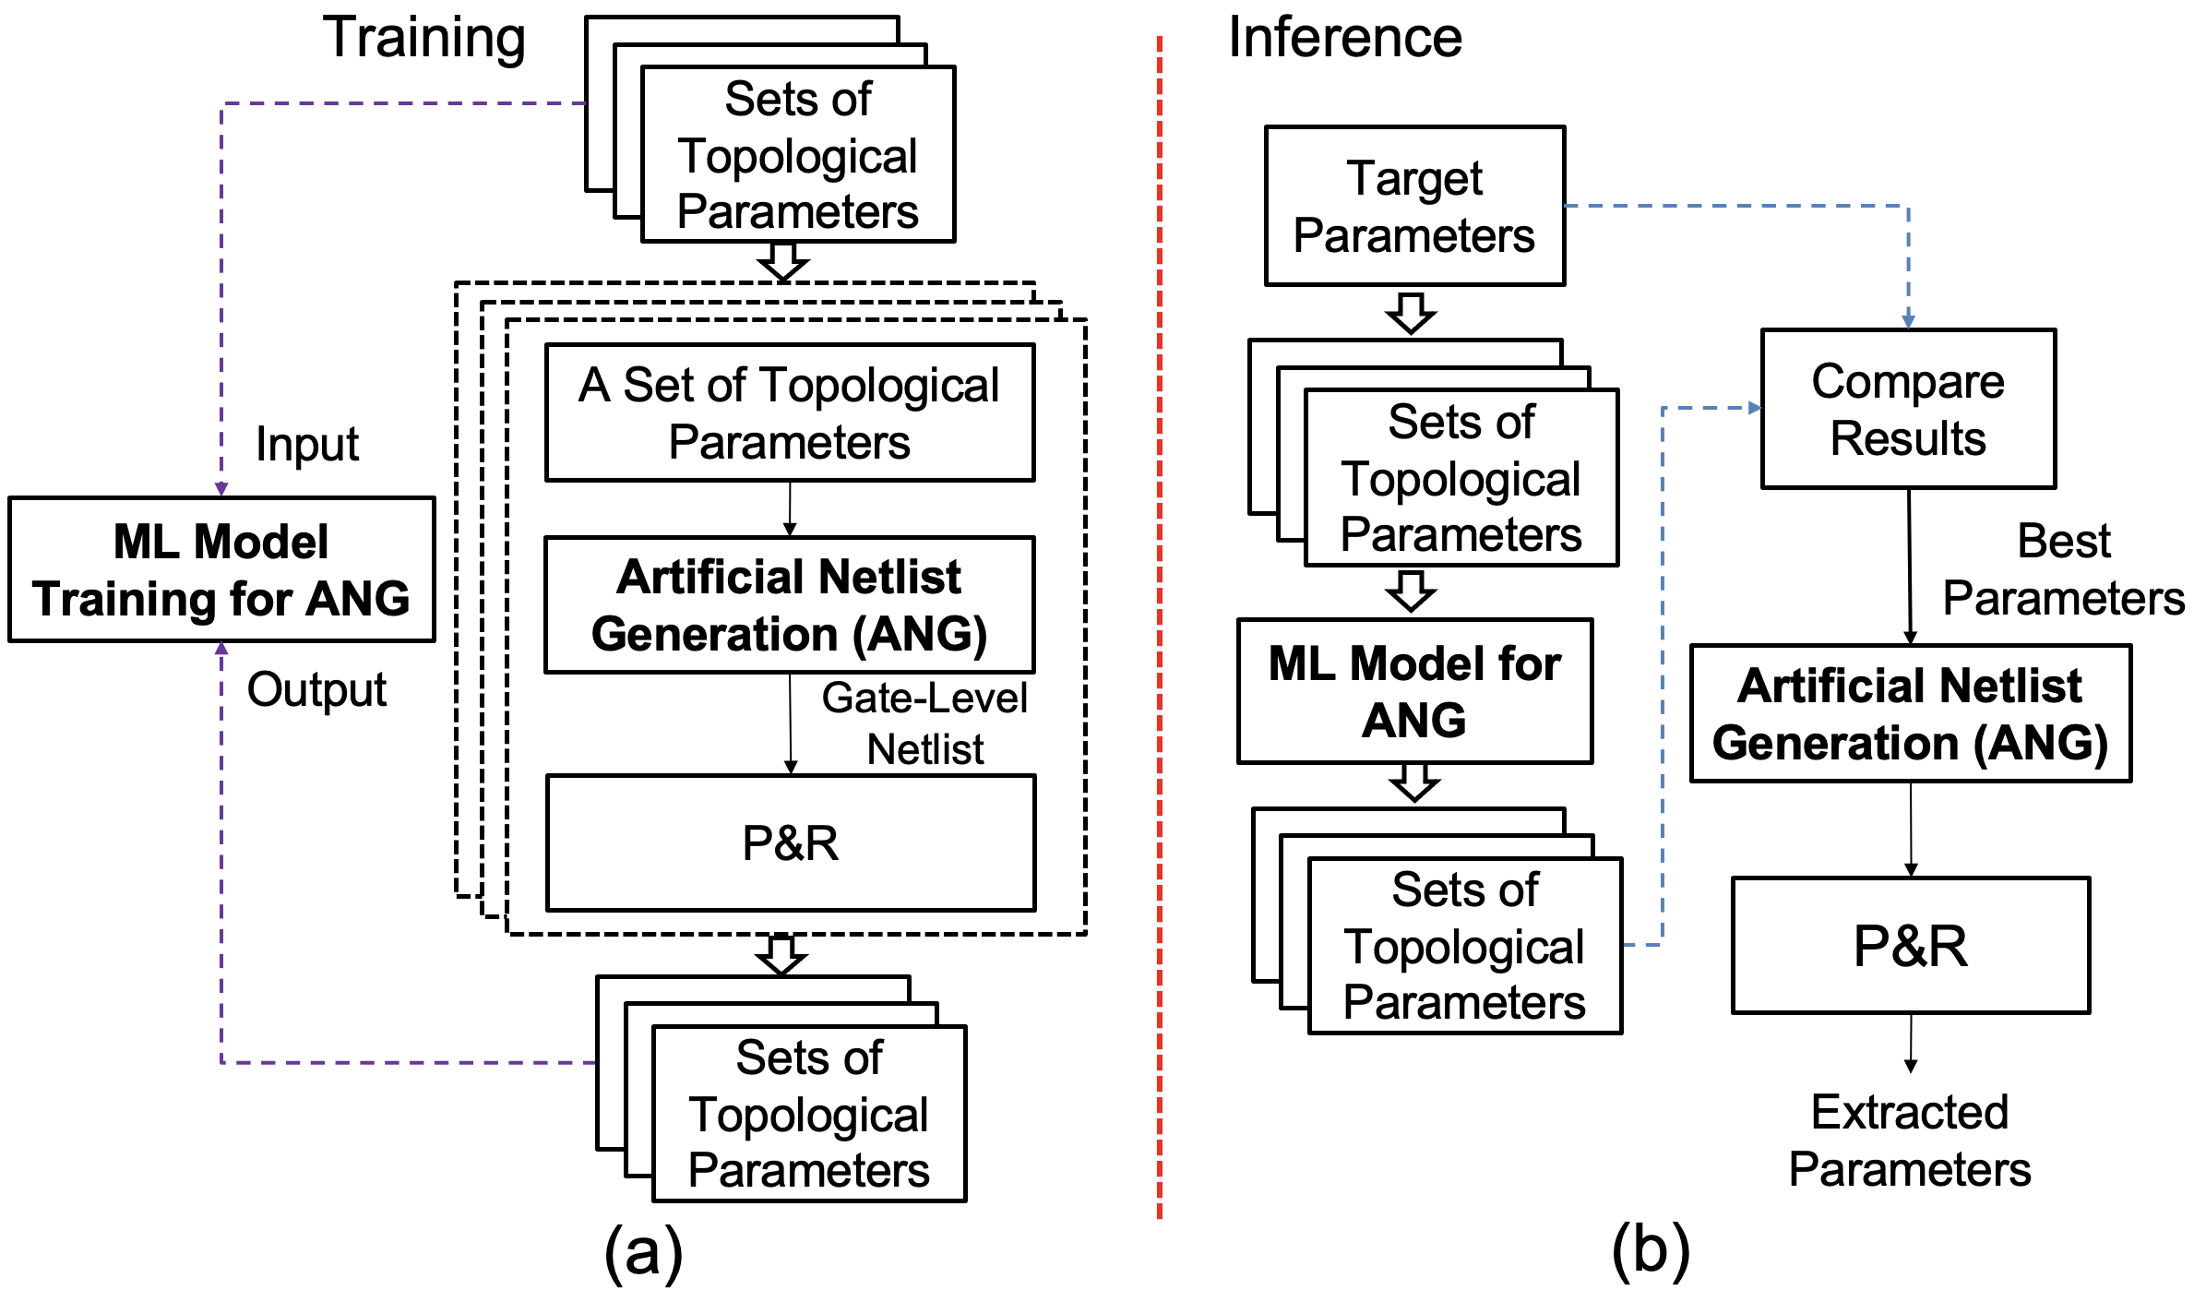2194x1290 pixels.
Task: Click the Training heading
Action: (x=424, y=39)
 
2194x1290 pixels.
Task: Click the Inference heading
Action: (x=1345, y=38)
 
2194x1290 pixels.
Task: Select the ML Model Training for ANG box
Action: (x=221, y=569)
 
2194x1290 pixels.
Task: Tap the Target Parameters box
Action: (x=1414, y=206)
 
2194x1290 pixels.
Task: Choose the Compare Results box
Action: (x=1908, y=409)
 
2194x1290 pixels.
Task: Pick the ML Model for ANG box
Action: (x=1414, y=691)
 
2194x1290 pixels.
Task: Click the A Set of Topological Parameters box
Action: (x=790, y=412)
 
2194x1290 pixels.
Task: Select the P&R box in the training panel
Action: (x=791, y=842)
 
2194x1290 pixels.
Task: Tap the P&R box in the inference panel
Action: (x=1911, y=945)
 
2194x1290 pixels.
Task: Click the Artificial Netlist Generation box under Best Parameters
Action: (x=1911, y=713)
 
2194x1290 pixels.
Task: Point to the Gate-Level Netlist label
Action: (x=924, y=723)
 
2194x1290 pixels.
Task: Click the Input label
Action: (x=307, y=444)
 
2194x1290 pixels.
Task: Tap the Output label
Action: (x=316, y=689)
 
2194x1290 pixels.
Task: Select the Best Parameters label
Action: (x=2063, y=569)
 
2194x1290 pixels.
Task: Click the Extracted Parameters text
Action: (x=1910, y=1141)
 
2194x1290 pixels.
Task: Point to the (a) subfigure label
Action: (x=643, y=1251)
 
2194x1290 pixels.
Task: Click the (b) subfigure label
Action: (x=1651, y=1251)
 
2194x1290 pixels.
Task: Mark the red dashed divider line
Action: (x=1160, y=627)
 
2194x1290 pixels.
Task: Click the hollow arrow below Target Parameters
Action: (x=1411, y=314)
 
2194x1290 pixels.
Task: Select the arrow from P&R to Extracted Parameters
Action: (x=1911, y=1043)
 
